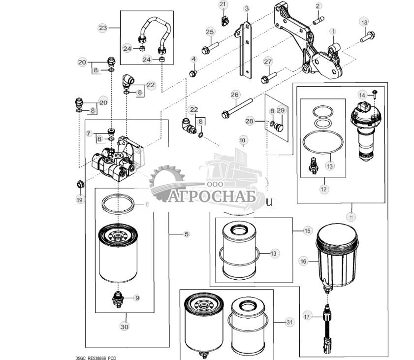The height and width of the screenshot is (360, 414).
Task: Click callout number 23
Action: click(102, 28)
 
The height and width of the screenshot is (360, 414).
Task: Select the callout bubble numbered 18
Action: click(364, 22)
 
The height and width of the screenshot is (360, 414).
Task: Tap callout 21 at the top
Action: click(223, 5)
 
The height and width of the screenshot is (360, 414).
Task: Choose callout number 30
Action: click(124, 326)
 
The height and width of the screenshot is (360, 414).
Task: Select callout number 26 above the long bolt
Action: click(235, 95)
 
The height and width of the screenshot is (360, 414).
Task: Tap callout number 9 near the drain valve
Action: click(137, 297)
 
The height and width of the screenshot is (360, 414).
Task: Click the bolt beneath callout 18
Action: click(368, 35)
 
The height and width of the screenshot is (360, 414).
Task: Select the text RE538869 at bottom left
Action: click(92, 356)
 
